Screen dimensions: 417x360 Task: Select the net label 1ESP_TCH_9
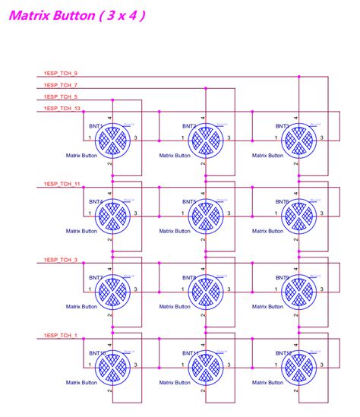tap(61, 73)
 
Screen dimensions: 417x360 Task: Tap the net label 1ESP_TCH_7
tap(61, 85)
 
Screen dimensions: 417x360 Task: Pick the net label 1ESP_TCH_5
tap(61, 97)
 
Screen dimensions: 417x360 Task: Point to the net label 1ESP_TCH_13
tap(62, 109)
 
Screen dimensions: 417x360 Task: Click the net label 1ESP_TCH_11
tap(62, 185)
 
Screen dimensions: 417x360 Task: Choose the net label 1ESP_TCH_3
tap(61, 260)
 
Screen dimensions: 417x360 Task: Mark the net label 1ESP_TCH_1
tap(61, 335)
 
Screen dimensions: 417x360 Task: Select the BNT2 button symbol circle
tap(205, 139)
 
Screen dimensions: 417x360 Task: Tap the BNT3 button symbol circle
tap(298, 139)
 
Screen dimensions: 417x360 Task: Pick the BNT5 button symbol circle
tap(205, 215)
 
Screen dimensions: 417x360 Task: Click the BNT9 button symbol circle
tap(298, 290)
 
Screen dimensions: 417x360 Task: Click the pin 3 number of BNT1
tap(135, 138)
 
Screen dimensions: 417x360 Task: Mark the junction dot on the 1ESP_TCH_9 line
tap(298, 77)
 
